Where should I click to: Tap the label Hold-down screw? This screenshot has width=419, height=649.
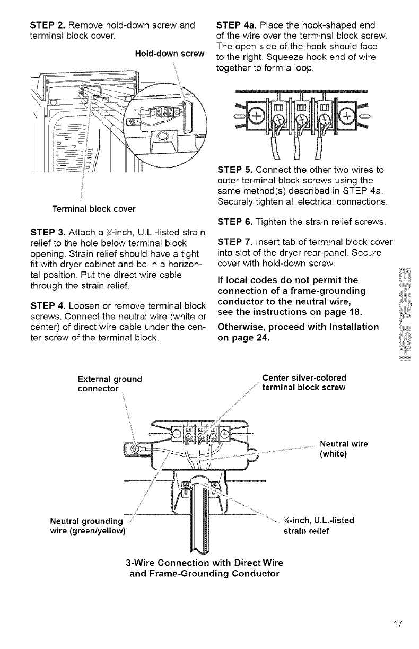point(167,54)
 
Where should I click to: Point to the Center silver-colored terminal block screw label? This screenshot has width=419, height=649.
point(304,383)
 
